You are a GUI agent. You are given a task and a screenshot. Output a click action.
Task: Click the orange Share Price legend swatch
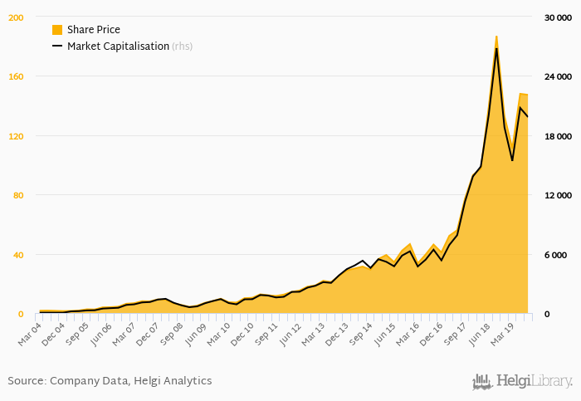[57, 30]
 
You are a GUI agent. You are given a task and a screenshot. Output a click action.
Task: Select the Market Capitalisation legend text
[118, 46]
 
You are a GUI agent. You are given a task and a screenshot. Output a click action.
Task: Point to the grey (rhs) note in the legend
[183, 46]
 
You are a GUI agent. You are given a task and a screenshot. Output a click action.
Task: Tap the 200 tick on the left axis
[16, 17]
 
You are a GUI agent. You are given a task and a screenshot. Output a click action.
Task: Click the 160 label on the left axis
[16, 76]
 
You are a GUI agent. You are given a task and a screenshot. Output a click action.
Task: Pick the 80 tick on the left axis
[18, 195]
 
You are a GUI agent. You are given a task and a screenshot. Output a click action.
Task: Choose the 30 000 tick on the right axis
[558, 17]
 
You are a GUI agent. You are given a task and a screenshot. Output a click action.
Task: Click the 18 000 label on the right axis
[558, 136]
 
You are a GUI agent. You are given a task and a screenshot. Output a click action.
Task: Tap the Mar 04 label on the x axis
[31, 334]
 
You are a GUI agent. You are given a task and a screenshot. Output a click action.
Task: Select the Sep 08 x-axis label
[173, 334]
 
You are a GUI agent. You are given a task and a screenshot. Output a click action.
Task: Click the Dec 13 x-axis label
[338, 334]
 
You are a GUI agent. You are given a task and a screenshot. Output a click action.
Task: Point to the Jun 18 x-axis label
[480, 334]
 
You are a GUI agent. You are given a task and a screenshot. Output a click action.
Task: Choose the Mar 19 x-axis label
[503, 334]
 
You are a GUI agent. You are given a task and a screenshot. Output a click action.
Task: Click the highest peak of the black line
[496, 48]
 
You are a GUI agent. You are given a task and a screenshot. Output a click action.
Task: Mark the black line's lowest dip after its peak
[512, 160]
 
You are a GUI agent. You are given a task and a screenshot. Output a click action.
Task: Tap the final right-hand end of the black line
[528, 117]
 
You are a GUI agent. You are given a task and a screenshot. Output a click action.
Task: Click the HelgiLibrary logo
[522, 381]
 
